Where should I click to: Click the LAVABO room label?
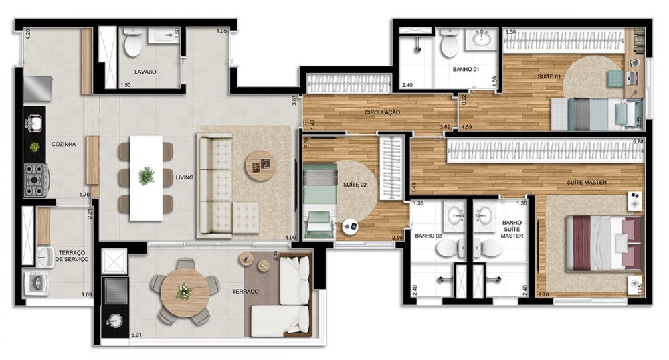click(145, 72)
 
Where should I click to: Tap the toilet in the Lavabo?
click(132, 43)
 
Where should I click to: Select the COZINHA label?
click(64, 144)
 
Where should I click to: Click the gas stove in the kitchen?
click(36, 181)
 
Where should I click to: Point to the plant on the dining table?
click(147, 176)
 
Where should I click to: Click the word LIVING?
click(185, 177)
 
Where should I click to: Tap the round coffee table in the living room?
click(260, 165)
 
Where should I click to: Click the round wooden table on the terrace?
click(185, 292)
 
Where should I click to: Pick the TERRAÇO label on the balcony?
click(246, 292)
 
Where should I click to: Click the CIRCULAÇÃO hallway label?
click(382, 112)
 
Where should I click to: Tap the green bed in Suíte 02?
click(320, 187)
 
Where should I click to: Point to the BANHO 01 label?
click(466, 69)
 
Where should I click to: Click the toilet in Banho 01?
click(449, 43)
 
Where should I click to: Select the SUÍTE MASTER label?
click(587, 183)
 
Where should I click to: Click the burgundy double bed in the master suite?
click(604, 244)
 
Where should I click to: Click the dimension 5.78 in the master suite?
click(638, 141)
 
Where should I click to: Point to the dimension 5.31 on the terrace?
click(136, 335)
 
